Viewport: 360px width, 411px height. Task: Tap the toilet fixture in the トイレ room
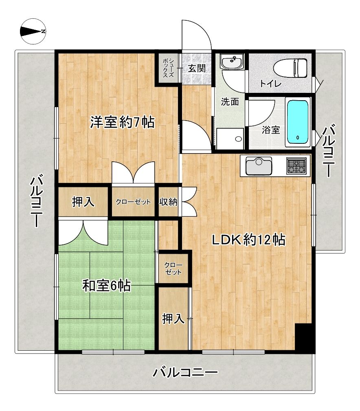pos(291,68)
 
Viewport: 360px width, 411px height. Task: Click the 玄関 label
pos(196,68)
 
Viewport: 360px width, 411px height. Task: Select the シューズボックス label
pos(168,68)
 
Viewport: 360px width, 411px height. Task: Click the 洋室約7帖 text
pos(122,122)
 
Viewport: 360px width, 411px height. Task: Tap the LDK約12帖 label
pos(248,240)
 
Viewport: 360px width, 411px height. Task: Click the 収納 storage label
pos(168,202)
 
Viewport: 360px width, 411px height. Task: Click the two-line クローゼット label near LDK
pos(173,268)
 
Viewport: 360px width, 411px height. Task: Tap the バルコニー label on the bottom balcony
pos(185,372)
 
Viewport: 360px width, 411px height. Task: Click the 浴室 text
pos(271,130)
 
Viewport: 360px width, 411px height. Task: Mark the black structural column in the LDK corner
pos(304,338)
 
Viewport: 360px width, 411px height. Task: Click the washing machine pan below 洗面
pos(230,139)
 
